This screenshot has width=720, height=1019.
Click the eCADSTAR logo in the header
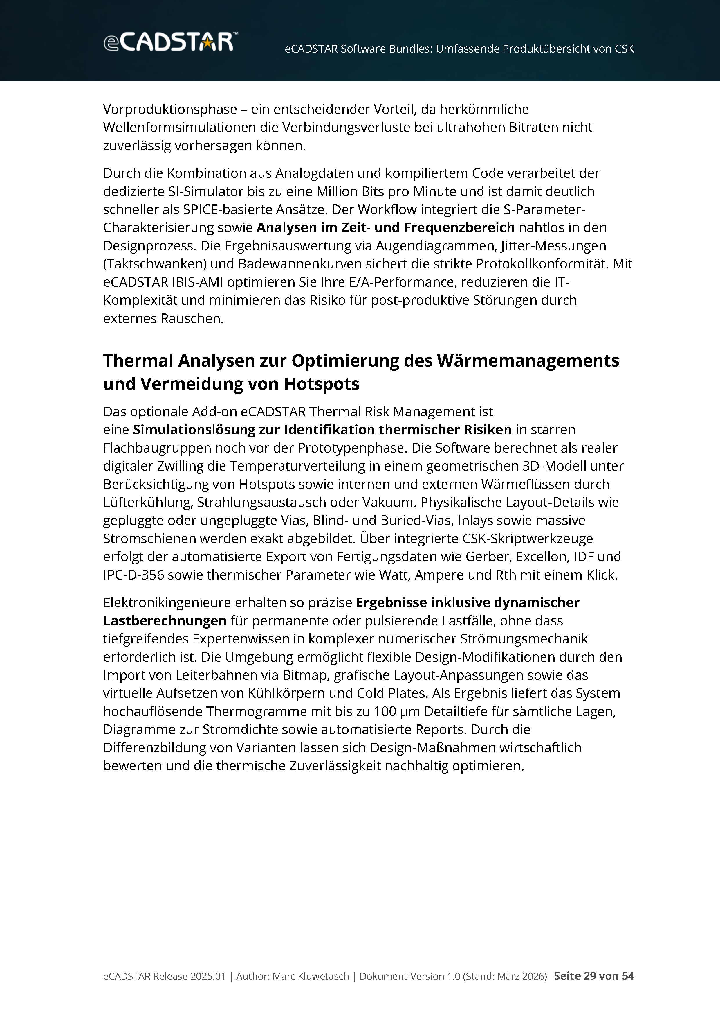tap(170, 42)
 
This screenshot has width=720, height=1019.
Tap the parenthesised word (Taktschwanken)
tap(155, 264)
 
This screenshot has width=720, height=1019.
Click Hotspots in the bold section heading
tap(322, 384)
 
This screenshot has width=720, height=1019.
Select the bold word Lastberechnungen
tap(165, 620)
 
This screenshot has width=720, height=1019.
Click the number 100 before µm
tap(385, 711)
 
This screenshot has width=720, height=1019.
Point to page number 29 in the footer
tap(590, 976)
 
